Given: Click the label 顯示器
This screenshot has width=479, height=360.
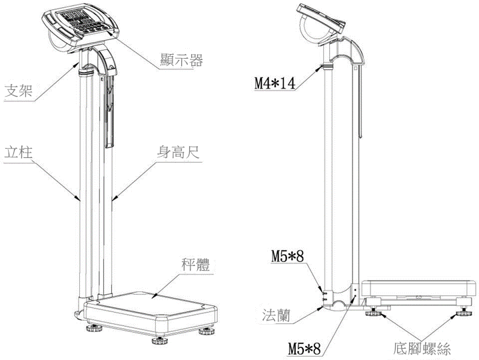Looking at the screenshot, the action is (x=181, y=60).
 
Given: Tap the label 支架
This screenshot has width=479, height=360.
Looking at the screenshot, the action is (x=19, y=91).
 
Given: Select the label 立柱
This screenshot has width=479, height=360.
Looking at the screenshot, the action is (x=19, y=152).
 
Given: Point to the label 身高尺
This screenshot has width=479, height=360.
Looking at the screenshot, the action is (x=178, y=152).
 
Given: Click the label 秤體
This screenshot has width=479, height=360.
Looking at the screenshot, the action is (x=196, y=265).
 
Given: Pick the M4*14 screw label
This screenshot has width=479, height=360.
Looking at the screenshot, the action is (x=275, y=83).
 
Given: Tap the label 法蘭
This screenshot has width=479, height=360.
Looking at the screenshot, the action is (x=276, y=315).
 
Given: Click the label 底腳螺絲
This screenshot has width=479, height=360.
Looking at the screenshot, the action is (x=422, y=349).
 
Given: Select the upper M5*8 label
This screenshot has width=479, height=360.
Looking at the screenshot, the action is (x=288, y=257).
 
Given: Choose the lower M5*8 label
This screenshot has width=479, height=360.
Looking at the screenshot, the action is (x=304, y=349).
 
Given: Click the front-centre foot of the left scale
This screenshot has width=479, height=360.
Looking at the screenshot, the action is (x=160, y=340).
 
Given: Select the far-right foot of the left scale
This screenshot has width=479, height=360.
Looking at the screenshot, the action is (x=207, y=331).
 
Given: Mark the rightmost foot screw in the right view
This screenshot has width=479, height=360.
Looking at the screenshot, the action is (x=464, y=313).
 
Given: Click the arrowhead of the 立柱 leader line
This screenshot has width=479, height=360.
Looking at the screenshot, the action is (x=77, y=199).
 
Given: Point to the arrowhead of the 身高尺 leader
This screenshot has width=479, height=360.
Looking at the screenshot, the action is (x=114, y=199).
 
